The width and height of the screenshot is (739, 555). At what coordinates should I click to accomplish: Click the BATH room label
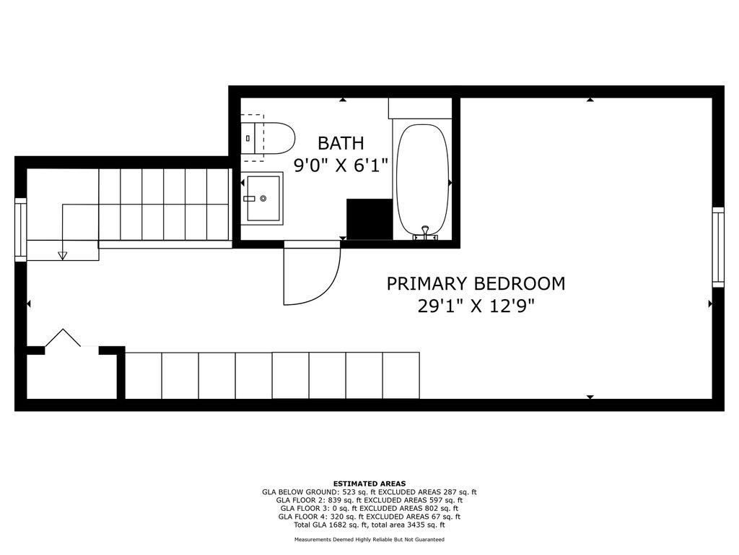(341, 143)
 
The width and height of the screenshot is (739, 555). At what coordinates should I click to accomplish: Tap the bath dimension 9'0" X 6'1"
(341, 165)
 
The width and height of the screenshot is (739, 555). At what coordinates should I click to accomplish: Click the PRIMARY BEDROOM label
(476, 283)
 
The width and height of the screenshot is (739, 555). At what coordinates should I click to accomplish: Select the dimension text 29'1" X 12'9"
(476, 306)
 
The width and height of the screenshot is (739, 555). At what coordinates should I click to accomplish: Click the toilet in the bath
(267, 138)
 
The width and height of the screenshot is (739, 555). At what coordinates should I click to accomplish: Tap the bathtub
(422, 181)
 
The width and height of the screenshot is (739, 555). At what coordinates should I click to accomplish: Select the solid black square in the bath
(369, 219)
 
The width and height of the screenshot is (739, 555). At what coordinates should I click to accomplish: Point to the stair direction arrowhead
(62, 255)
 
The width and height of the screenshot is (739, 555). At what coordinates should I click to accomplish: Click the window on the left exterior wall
(21, 229)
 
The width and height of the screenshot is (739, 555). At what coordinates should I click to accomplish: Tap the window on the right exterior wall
(718, 247)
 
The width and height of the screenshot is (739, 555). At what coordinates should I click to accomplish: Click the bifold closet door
(63, 338)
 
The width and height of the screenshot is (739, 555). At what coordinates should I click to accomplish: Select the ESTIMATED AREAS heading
(369, 483)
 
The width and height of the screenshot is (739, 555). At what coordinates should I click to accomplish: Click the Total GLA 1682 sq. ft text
(332, 525)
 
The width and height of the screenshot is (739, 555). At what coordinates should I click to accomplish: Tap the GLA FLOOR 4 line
(369, 517)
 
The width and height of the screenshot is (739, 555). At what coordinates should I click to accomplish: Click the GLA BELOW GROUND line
(369, 492)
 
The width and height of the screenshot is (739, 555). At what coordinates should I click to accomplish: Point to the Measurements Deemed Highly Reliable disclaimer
(369, 539)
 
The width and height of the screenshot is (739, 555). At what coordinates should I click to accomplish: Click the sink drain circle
(263, 198)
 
